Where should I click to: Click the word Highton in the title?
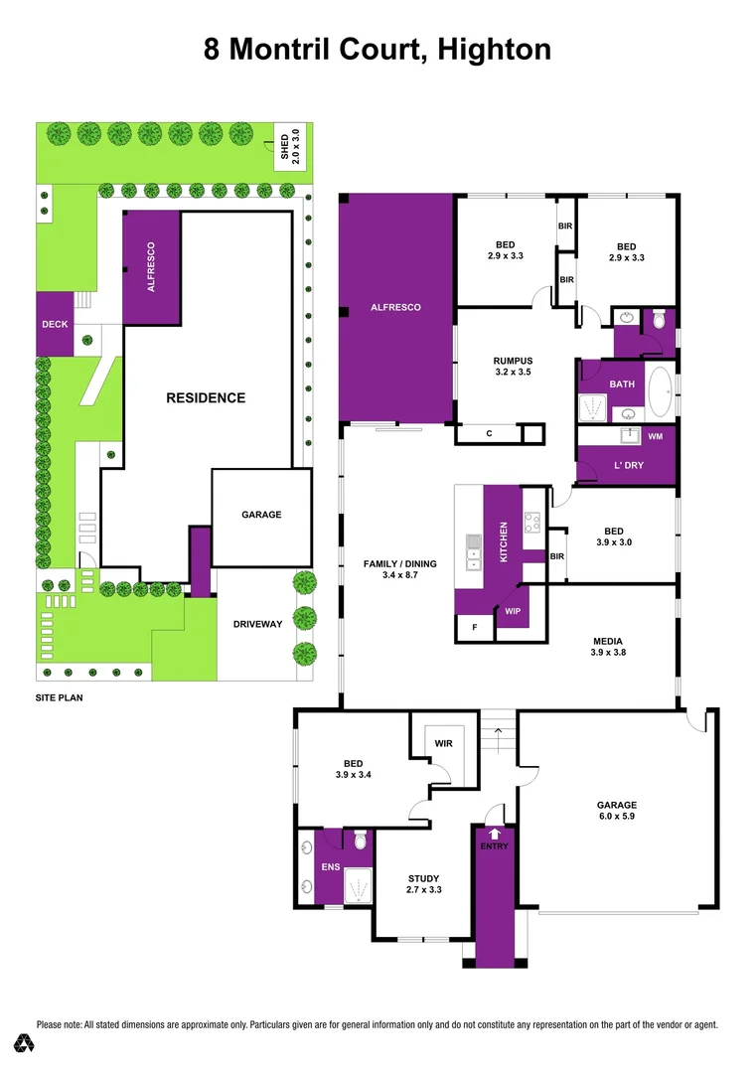coord(492,50)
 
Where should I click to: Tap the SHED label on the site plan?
coord(283,146)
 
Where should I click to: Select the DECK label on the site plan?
coord(54,324)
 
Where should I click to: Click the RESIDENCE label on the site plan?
coord(206,397)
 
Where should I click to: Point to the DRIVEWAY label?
coord(258,624)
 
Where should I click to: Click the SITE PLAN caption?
coord(58,698)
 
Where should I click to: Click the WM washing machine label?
coord(655,436)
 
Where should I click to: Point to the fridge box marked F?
coord(474,628)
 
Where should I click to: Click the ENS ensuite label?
coord(328,866)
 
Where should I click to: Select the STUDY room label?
coord(424,877)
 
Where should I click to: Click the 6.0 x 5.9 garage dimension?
coord(616,818)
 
